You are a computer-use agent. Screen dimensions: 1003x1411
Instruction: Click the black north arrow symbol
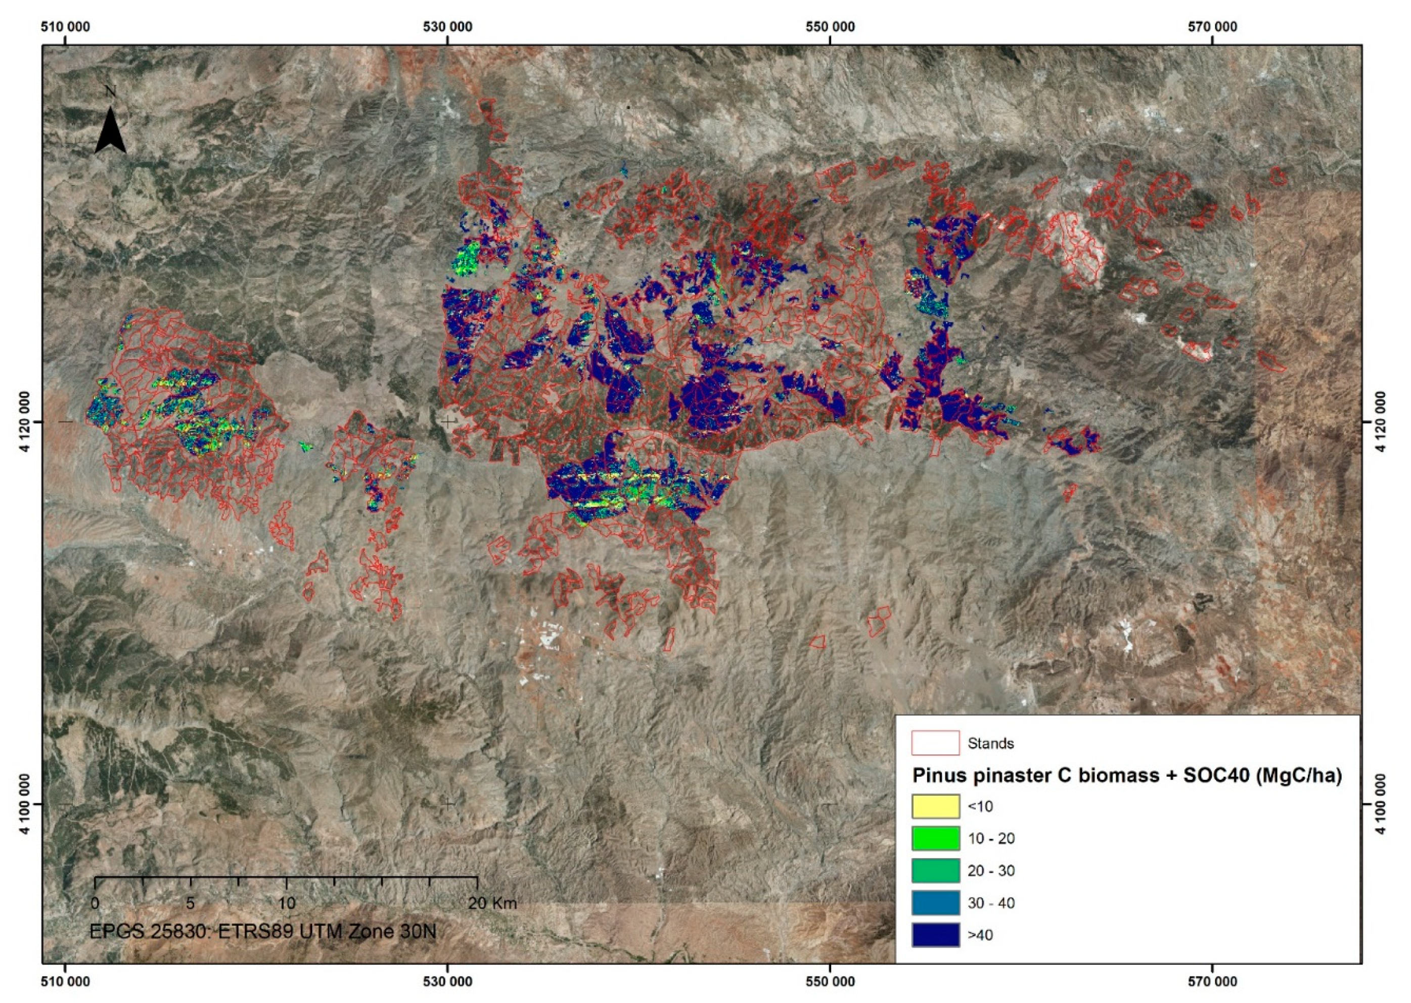tap(110, 131)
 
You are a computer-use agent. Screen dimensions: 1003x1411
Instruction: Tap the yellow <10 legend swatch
tap(935, 806)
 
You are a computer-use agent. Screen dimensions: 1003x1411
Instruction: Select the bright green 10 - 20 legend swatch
tap(935, 838)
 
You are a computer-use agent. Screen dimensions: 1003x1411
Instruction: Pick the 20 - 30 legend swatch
tap(935, 870)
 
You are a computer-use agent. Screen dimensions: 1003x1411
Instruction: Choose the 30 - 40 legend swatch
tap(935, 902)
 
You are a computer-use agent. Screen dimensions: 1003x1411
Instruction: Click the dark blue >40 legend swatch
tap(935, 934)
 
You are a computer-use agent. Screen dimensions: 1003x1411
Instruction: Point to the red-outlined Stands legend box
tap(935, 742)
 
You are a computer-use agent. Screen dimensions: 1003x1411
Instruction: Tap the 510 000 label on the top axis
tap(66, 27)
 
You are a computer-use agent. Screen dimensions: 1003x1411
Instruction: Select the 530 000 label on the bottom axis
tap(448, 981)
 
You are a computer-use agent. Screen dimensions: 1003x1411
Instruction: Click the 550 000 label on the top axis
tap(830, 27)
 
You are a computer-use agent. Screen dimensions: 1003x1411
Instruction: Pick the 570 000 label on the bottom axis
tap(1212, 981)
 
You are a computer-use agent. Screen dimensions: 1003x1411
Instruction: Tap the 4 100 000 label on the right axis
tap(1386, 804)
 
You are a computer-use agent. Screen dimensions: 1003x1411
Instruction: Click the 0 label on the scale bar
tap(95, 903)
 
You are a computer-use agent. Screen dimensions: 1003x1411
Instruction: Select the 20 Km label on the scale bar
tap(492, 903)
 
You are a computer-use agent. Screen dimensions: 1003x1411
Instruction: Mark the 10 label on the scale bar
tap(286, 903)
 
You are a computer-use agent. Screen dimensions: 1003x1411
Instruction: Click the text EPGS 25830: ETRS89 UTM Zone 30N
tap(262, 931)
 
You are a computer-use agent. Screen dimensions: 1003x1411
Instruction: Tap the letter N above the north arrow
tap(111, 92)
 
